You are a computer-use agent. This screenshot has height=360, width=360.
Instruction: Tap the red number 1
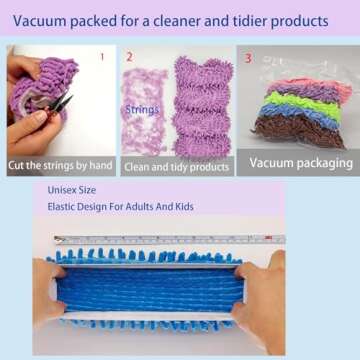tap(100, 57)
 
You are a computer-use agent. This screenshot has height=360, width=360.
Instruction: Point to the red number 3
tap(247, 57)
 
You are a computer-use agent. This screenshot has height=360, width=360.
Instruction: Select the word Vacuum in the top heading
tap(43, 20)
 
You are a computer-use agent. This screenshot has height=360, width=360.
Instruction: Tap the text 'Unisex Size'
tap(74, 188)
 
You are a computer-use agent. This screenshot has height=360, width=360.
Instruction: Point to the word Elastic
tap(65, 207)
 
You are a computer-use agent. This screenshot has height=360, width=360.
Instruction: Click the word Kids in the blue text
tap(206, 207)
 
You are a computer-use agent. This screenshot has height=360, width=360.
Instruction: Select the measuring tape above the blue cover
tap(170, 241)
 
